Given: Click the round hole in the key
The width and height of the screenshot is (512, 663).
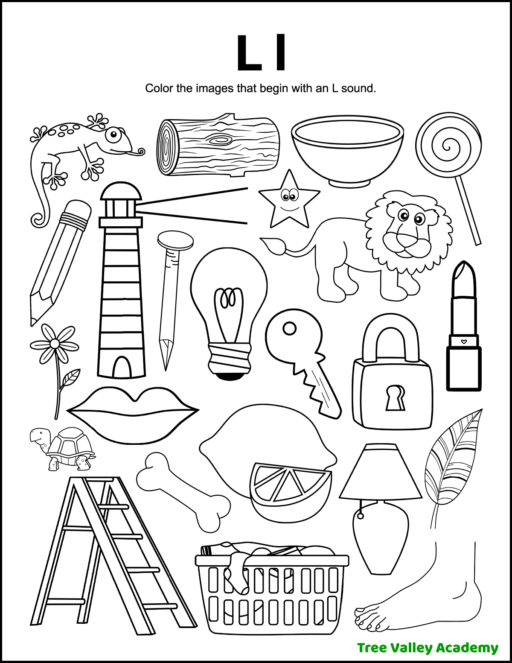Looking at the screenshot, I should click(x=290, y=329).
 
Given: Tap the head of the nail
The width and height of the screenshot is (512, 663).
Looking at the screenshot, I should click(x=175, y=240).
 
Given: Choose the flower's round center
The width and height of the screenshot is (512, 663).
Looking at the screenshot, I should click(x=55, y=344).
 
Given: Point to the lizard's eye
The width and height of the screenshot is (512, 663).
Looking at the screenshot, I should click(x=113, y=136).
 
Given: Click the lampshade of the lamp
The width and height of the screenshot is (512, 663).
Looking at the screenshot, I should click(x=381, y=472).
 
